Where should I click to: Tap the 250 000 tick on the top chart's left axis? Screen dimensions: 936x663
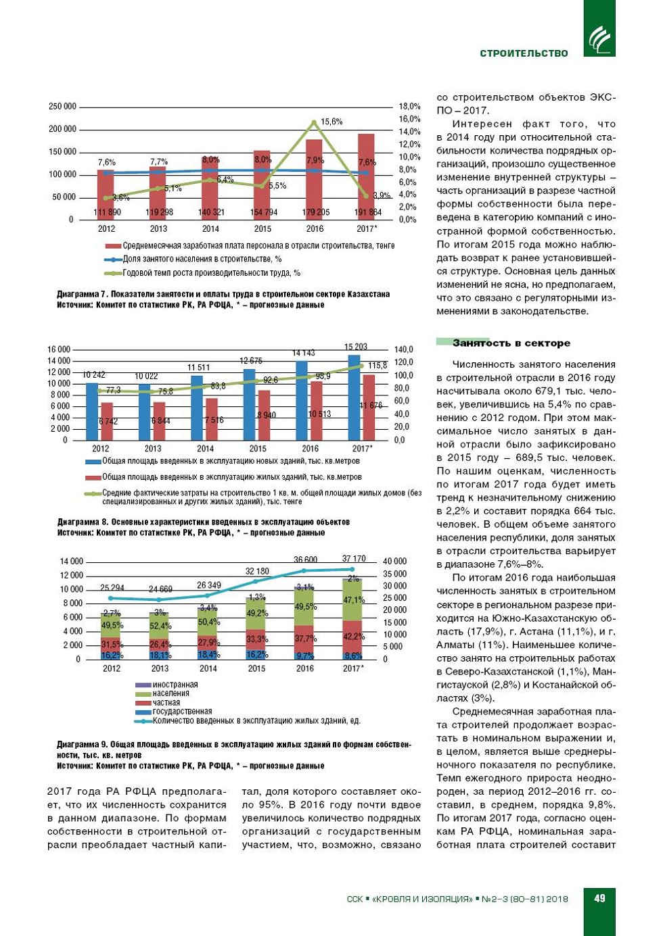point(62,107)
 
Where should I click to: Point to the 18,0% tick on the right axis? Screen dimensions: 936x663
point(409,107)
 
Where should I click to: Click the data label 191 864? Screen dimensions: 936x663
point(368,212)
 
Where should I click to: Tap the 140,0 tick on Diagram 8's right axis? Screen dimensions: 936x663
point(404,349)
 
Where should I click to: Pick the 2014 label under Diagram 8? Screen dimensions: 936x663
point(205,449)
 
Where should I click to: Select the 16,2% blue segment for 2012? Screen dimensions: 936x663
point(111,656)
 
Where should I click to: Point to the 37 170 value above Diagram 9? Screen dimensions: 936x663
point(354,559)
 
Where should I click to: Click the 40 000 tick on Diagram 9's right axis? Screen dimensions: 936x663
point(394,562)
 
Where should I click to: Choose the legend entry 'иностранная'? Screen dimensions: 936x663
point(175,685)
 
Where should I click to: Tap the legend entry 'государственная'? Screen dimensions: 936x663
point(181,712)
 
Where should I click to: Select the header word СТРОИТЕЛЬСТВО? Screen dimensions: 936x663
point(524,53)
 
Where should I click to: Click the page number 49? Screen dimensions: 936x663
point(599,898)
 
